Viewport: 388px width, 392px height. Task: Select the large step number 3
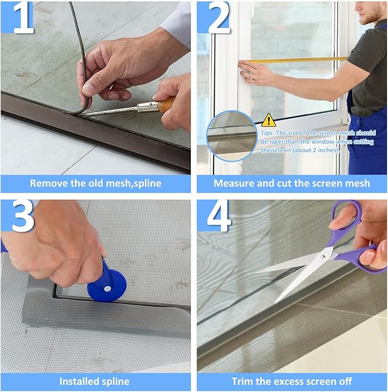tap(23, 216)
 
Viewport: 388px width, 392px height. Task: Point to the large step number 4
tap(219, 216)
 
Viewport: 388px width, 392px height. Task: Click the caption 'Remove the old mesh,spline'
tap(95, 184)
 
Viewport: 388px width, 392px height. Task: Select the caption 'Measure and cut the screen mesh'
tap(291, 184)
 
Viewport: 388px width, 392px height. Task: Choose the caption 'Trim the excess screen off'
tap(291, 381)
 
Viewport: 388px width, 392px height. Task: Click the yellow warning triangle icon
tap(268, 120)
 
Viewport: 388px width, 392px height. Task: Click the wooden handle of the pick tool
tap(166, 104)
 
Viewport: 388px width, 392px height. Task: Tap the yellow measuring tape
tap(297, 60)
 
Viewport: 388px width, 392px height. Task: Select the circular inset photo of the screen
tap(231, 136)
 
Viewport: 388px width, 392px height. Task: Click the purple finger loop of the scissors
tap(345, 217)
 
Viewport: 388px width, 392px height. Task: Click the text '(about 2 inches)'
tap(316, 150)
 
